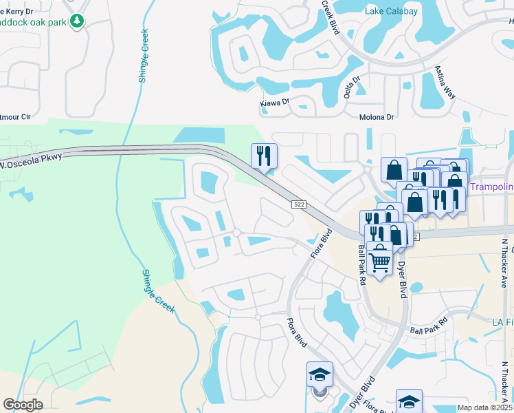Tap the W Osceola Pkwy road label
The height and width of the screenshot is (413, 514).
point(31,161)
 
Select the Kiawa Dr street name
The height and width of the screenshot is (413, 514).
point(275,103)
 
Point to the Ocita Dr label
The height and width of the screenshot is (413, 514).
point(347,87)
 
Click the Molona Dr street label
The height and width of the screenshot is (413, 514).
point(377,117)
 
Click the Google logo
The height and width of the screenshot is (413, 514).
point(23,405)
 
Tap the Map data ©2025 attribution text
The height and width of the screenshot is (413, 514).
point(484,407)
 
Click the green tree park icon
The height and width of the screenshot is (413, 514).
point(78,21)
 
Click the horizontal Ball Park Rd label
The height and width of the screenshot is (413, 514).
point(428,326)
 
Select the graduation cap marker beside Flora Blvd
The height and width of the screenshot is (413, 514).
point(320,375)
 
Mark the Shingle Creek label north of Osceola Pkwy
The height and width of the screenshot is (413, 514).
point(144,56)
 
